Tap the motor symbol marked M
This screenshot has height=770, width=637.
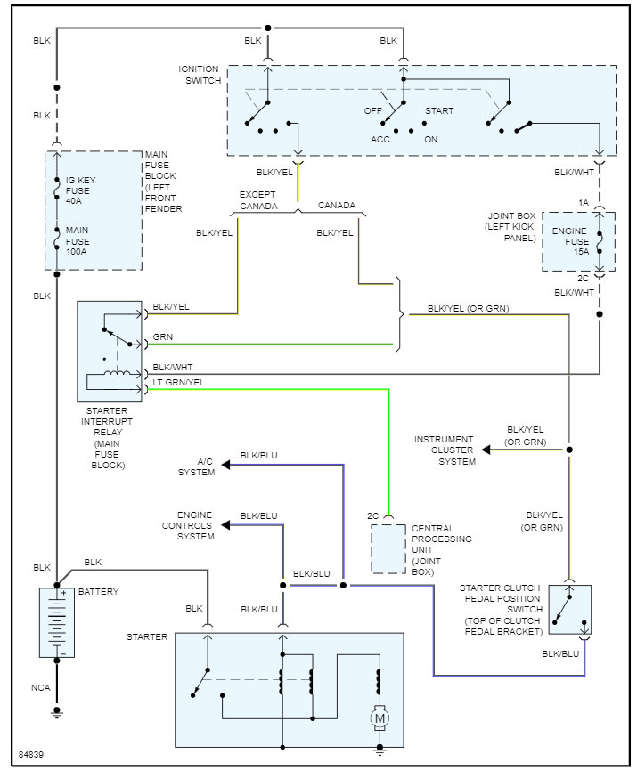(379, 717)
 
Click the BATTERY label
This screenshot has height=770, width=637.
(98, 592)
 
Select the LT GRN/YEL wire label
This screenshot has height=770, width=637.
(179, 383)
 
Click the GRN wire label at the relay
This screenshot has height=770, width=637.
(163, 337)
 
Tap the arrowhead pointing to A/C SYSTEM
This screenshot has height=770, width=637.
(226, 465)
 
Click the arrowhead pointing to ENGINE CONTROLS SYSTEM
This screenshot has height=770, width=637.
(226, 524)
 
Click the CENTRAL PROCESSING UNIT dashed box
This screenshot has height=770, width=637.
(388, 548)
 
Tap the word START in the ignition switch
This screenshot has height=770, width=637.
(438, 111)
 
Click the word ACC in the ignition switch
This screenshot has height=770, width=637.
(380, 140)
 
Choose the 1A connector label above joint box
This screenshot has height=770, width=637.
(584, 203)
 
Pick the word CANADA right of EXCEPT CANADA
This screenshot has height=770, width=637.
(337, 206)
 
